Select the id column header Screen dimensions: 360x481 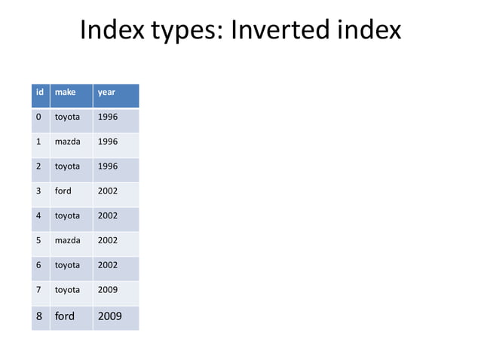click(x=39, y=93)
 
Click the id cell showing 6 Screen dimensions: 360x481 click(x=39, y=265)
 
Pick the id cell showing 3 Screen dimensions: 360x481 click(x=39, y=191)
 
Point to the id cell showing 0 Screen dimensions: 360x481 click(x=39, y=117)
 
